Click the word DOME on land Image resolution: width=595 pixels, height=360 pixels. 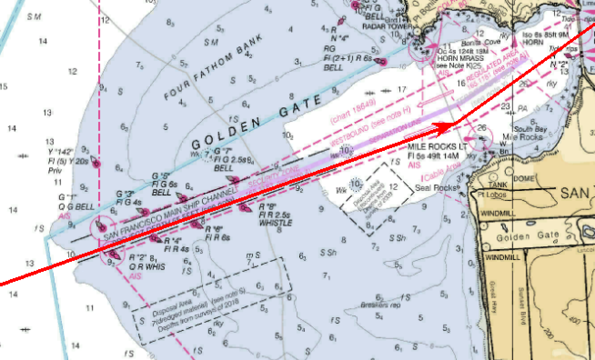(523, 179)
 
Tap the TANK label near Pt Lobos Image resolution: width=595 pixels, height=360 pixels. (497, 185)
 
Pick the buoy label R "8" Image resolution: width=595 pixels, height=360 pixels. (268, 207)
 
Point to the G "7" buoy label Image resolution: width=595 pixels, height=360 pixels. (223, 151)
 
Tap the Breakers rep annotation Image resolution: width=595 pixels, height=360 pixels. (380, 305)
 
